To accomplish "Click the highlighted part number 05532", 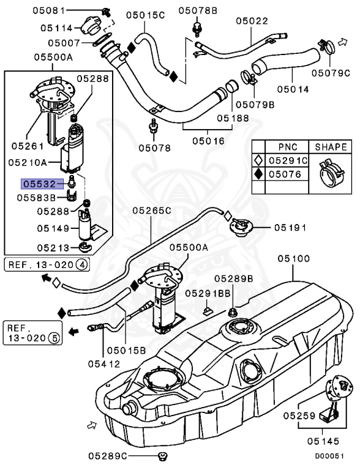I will pos(39,183).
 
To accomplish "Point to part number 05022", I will pos(253,21).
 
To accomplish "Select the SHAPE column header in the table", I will pos(331,147).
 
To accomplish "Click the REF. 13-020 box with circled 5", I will pos(31,332).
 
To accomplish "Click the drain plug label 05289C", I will pos(108,455).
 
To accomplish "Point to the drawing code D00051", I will pos(334,456).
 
